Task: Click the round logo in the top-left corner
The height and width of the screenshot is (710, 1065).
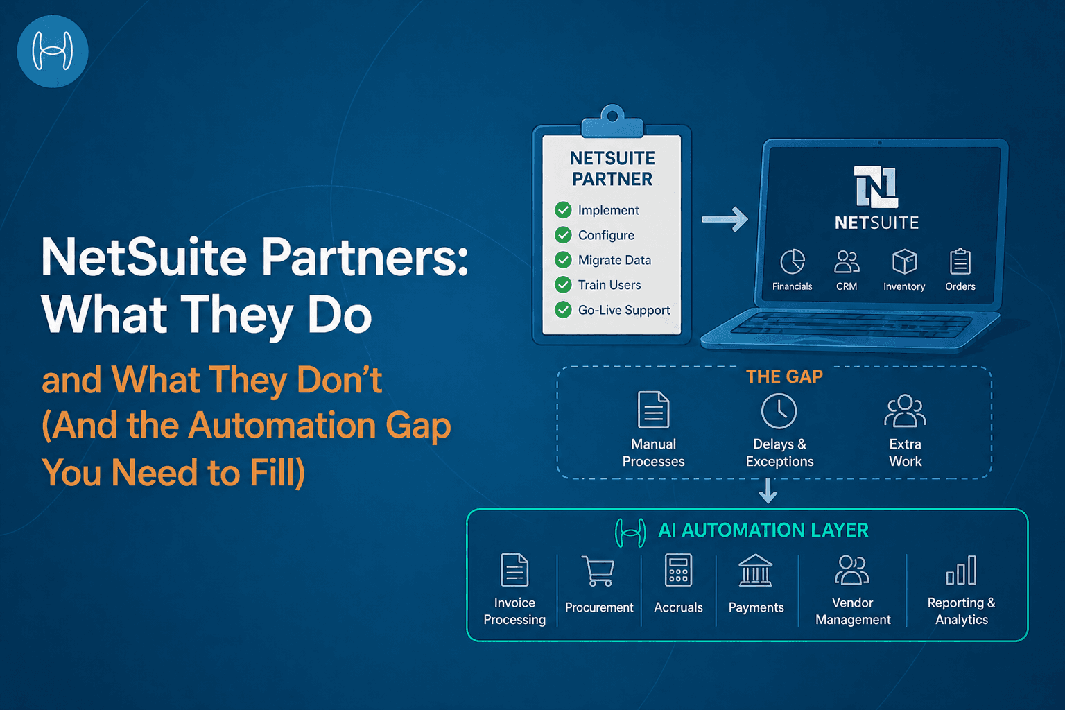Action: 53,52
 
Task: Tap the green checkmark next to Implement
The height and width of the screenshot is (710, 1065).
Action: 563,210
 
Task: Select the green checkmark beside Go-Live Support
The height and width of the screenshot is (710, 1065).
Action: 563,310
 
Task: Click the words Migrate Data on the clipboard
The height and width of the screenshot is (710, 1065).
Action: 614,260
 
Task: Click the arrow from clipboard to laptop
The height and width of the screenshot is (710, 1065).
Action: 725,219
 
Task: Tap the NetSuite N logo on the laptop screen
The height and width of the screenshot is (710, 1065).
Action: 876,187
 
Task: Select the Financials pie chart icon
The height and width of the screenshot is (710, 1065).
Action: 793,262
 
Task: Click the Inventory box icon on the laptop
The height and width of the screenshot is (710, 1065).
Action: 904,262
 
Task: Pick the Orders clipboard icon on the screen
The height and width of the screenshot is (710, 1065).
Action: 960,262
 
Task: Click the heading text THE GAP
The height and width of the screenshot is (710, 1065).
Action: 784,376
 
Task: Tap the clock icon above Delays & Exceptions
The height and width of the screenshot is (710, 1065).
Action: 779,411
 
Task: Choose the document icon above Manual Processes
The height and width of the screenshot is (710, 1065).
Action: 653,410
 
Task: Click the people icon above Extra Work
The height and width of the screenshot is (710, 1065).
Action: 905,411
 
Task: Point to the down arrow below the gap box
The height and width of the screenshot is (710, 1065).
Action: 768,491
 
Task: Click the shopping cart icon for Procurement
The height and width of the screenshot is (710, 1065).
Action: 598,571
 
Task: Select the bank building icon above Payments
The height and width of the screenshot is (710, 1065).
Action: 756,571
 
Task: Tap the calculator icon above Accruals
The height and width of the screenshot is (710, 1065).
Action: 678,571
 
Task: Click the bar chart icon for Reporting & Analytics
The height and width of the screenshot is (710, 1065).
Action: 961,571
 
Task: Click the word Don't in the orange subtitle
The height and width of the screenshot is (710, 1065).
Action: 339,380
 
